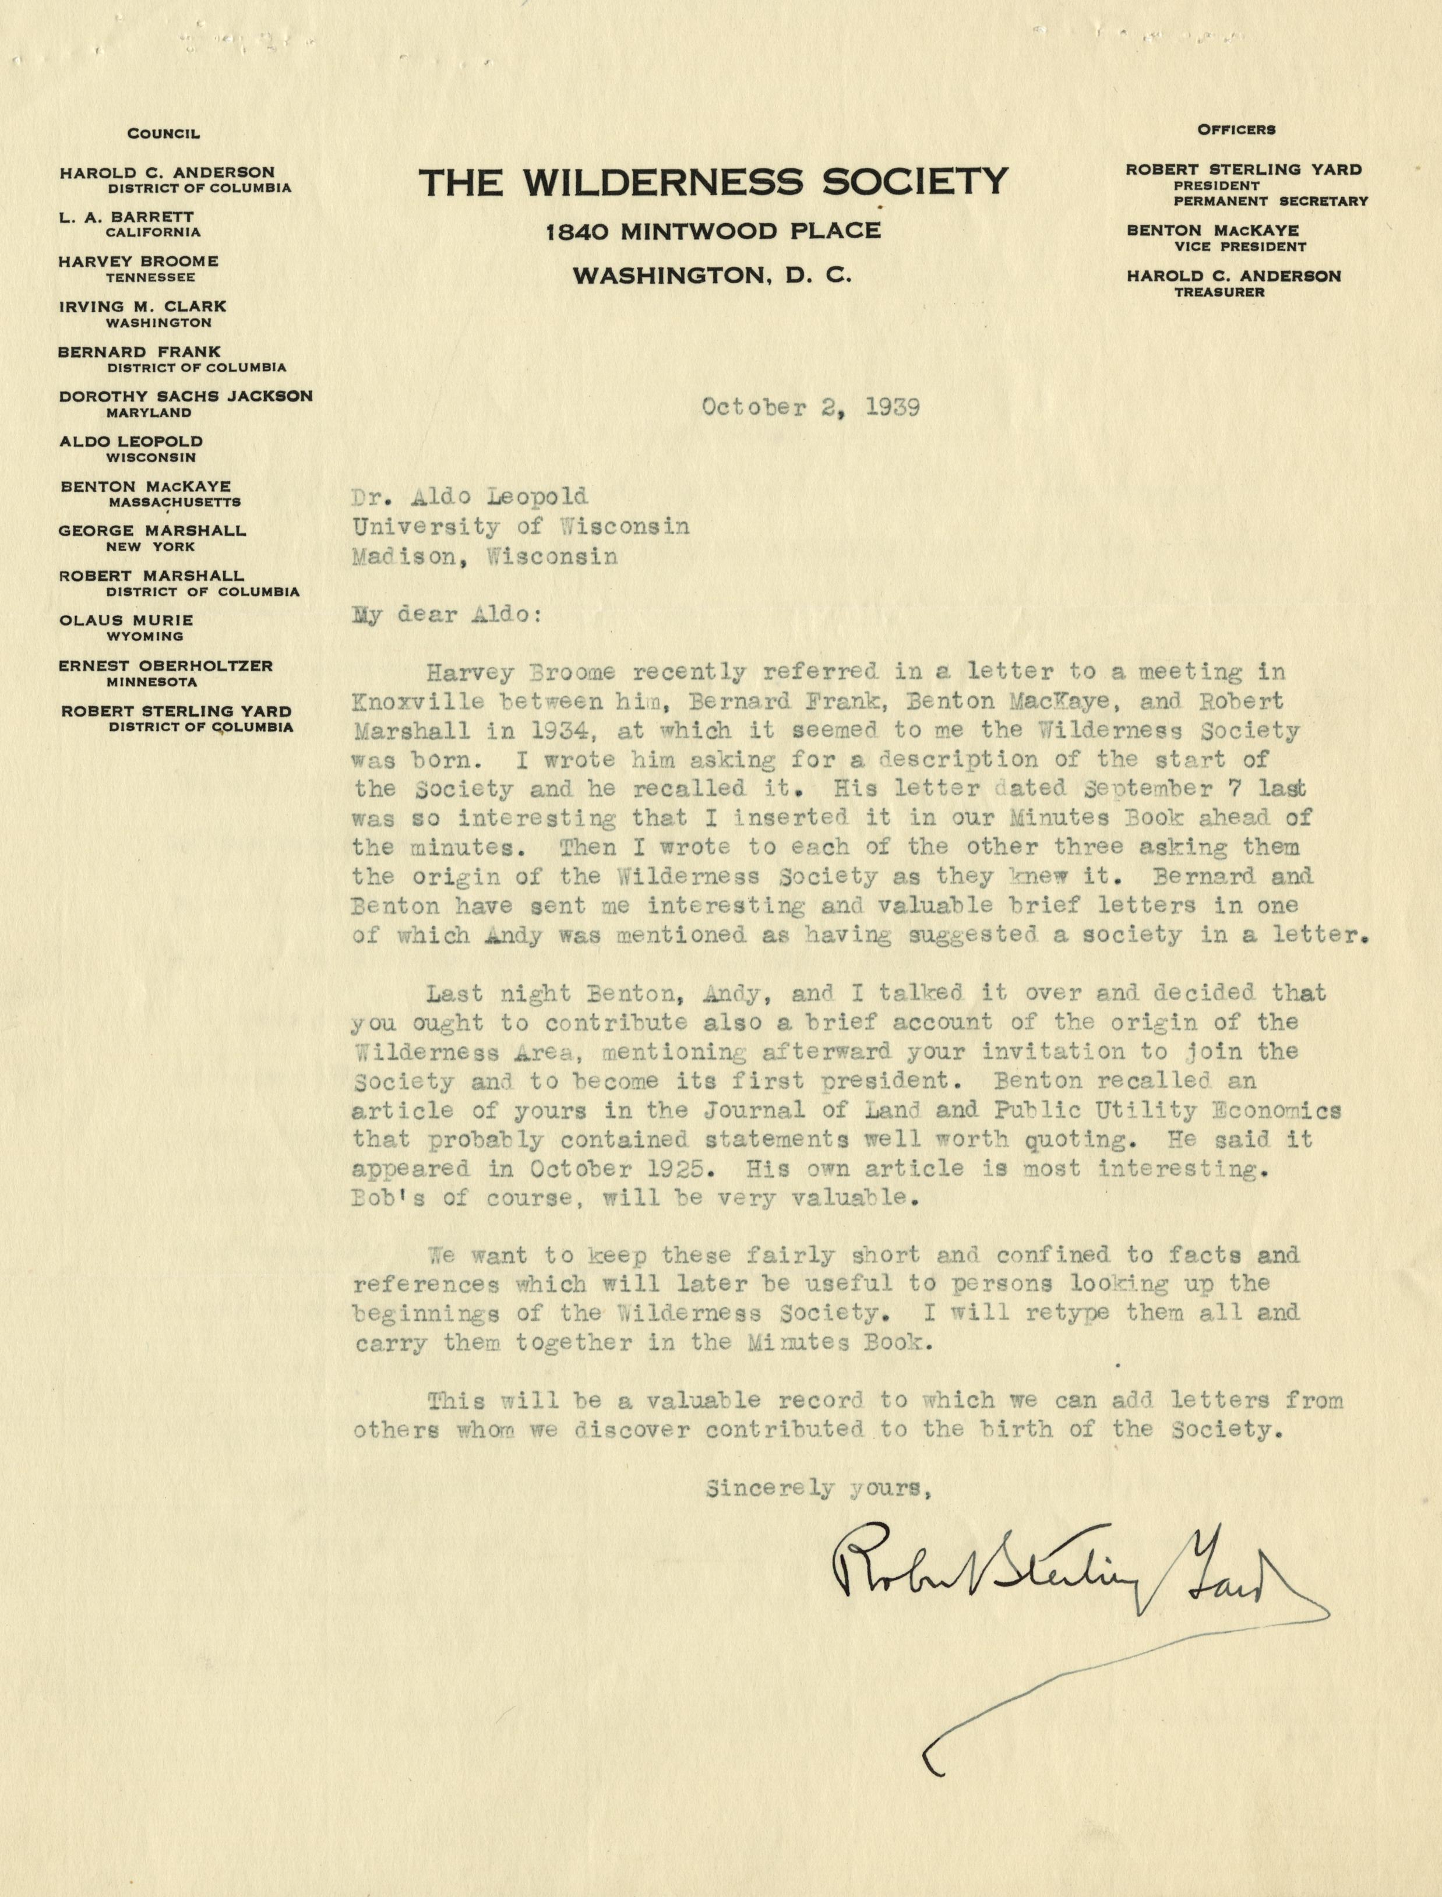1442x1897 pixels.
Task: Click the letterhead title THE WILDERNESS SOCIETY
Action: click(713, 181)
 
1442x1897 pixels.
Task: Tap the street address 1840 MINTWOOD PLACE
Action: click(713, 231)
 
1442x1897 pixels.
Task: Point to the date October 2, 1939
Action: click(810, 407)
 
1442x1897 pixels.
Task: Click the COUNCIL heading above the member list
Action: click(163, 134)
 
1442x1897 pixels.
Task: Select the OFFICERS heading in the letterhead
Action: click(1236, 129)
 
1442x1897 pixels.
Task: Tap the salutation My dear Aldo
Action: click(446, 615)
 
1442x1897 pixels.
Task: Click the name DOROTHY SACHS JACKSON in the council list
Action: click(185, 397)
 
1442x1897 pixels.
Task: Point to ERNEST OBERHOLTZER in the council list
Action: click(165, 665)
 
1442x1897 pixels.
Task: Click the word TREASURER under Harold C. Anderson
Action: click(1219, 292)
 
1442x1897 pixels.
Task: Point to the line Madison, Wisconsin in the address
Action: click(484, 556)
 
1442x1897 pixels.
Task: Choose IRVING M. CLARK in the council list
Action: click(143, 306)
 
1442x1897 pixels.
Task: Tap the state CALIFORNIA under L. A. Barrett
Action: click(153, 232)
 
